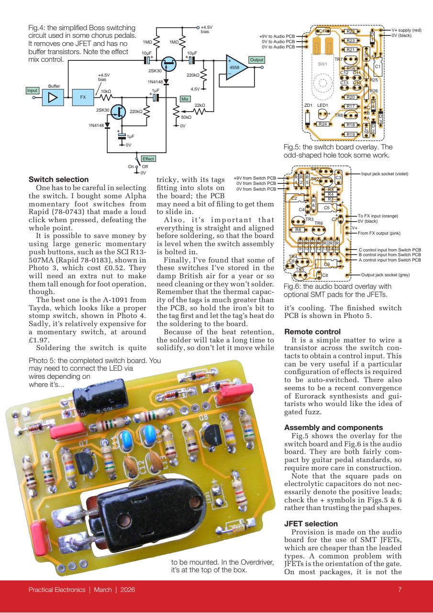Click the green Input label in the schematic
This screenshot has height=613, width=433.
32,90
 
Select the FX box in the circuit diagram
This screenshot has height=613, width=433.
83,97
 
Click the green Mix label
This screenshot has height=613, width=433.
185,99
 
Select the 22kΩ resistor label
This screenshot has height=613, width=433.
200,105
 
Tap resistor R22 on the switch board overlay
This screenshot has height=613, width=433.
350,32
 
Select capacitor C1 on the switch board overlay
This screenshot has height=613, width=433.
377,67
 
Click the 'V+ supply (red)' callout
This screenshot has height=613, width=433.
407,30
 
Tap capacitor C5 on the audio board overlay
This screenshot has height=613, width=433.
327,208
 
